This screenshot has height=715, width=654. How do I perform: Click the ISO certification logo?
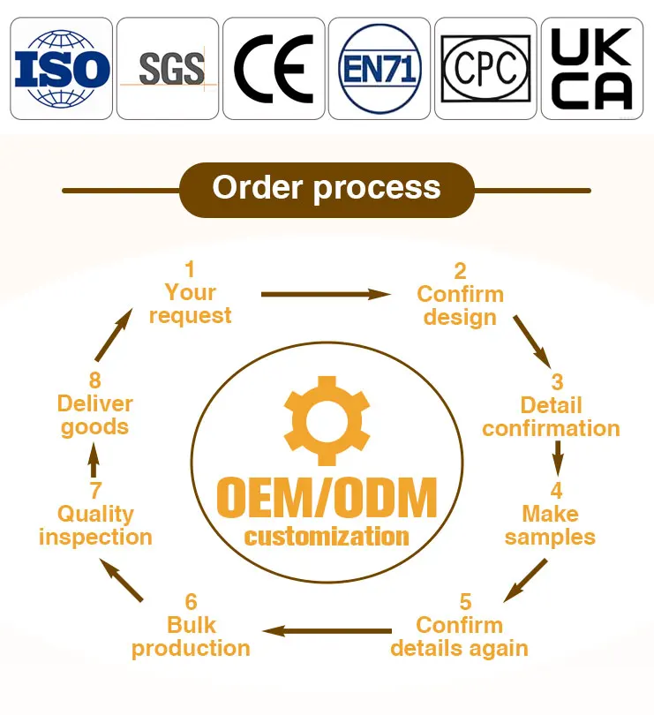[62, 69]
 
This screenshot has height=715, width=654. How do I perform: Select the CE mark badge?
[274, 69]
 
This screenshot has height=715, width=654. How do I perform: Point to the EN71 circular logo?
[380, 69]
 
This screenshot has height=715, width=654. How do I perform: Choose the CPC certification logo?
[485, 68]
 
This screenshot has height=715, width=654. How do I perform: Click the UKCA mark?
[592, 69]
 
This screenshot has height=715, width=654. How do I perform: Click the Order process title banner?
[327, 190]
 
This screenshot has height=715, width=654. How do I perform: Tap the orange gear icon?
[327, 421]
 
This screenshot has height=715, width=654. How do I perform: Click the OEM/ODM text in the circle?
[327, 497]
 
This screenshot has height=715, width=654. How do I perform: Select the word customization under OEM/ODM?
[327, 537]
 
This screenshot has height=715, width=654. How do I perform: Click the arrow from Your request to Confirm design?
[326, 294]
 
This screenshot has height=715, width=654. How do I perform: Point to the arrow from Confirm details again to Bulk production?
[327, 631]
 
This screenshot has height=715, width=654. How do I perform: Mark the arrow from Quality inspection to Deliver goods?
[94, 460]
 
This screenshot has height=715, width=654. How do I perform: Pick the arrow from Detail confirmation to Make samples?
[557, 458]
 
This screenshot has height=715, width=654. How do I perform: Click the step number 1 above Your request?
[190, 269]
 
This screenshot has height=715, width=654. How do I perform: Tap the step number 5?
[465, 602]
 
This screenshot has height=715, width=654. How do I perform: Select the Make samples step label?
[550, 526]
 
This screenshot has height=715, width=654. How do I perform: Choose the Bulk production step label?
[192, 637]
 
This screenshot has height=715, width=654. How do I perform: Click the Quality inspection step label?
[95, 526]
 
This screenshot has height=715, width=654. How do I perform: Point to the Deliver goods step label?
[94, 416]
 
